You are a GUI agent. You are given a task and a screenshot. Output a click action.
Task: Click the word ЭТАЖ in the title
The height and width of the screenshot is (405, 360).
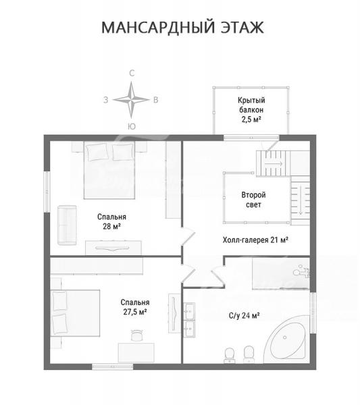[x=242, y=28]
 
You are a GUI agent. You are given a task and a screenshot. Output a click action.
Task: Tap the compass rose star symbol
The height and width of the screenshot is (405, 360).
[x=131, y=100]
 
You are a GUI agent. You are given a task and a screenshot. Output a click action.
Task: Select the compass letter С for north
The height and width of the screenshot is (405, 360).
[x=132, y=74]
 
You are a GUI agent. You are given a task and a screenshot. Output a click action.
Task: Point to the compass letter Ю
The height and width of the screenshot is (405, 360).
[x=132, y=126]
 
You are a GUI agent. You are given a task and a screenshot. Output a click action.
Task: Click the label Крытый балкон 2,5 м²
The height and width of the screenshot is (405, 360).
[x=251, y=110]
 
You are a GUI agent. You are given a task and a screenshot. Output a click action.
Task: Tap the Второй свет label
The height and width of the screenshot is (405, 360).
[x=253, y=200]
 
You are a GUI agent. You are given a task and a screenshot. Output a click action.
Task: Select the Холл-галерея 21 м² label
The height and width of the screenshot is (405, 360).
[x=255, y=240]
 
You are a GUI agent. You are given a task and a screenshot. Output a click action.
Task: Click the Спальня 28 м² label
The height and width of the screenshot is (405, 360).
[x=111, y=221]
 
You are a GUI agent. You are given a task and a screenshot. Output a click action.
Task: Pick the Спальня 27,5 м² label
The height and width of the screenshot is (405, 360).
[x=135, y=307]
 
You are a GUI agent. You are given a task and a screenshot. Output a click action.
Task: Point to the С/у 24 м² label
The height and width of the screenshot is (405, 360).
[x=245, y=315]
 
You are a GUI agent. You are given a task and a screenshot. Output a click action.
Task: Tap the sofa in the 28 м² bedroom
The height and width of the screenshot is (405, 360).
[x=67, y=225]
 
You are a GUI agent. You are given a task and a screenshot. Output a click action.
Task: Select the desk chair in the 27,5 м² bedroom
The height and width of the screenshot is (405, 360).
[x=136, y=335]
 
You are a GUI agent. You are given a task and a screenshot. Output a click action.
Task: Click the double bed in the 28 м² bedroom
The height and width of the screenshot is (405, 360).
[x=109, y=170]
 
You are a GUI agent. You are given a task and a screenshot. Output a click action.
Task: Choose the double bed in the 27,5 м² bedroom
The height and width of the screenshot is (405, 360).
[x=76, y=313]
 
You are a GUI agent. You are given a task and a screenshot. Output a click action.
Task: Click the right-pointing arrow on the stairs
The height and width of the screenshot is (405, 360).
[x=274, y=163]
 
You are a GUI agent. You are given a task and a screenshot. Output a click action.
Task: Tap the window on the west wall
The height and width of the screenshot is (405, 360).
[x=47, y=192]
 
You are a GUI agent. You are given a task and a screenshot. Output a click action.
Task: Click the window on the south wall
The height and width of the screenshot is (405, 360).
[x=112, y=367]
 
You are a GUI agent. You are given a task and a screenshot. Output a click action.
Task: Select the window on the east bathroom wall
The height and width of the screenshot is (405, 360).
[x=313, y=313]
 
